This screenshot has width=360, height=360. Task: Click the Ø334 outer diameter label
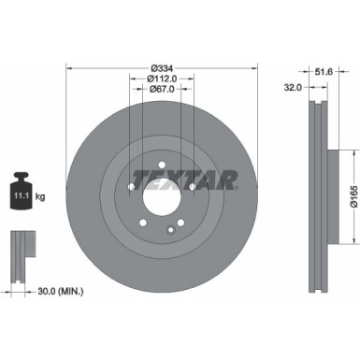161,67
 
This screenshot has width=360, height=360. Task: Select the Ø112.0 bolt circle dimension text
161,79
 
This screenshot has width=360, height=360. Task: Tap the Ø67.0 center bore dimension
161,91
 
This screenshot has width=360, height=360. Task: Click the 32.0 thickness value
291,86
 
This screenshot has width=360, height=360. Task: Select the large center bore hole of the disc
161,199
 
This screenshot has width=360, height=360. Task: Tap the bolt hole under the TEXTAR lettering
192,188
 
